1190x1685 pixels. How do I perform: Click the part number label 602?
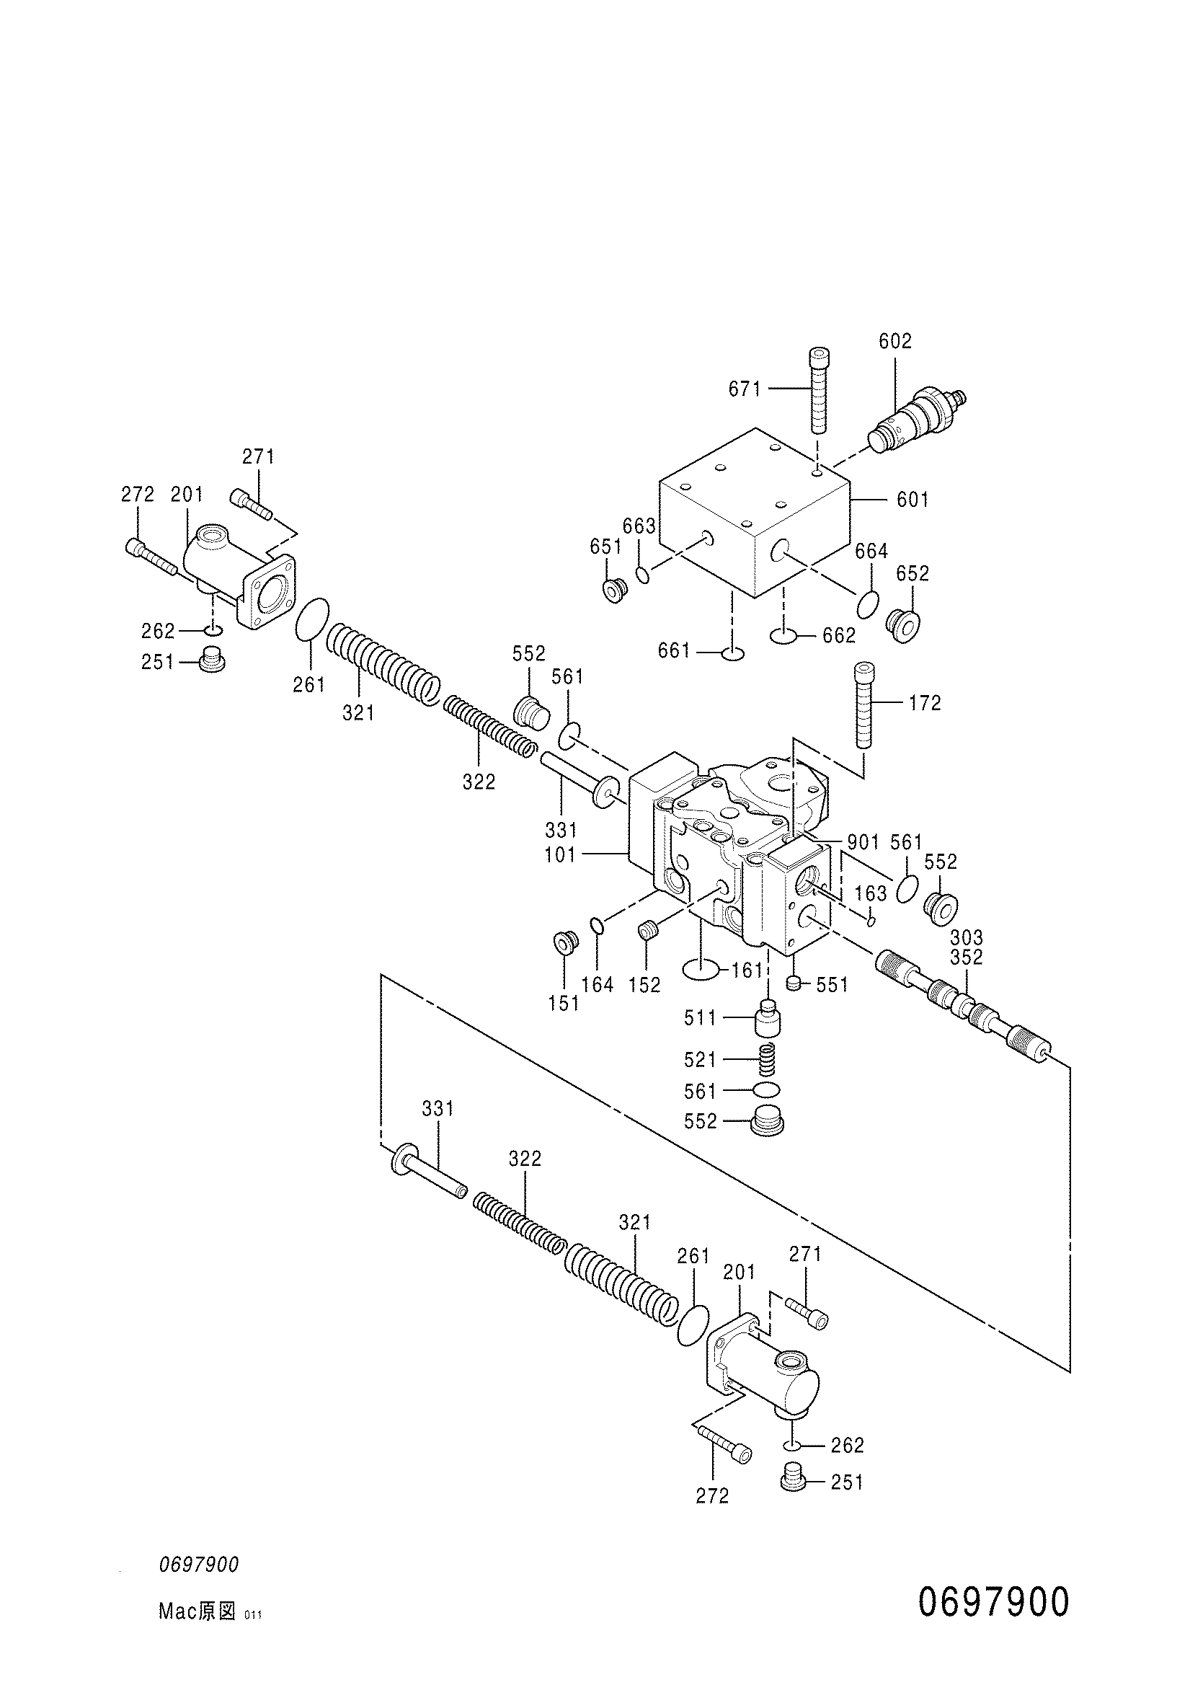[895, 341]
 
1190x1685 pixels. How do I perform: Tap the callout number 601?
[913, 500]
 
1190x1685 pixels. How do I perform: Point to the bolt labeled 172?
[864, 704]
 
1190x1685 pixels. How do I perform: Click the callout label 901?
[863, 841]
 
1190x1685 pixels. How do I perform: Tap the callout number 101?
[561, 855]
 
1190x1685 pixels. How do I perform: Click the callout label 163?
[871, 893]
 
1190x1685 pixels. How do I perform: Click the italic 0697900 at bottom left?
[199, 1565]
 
